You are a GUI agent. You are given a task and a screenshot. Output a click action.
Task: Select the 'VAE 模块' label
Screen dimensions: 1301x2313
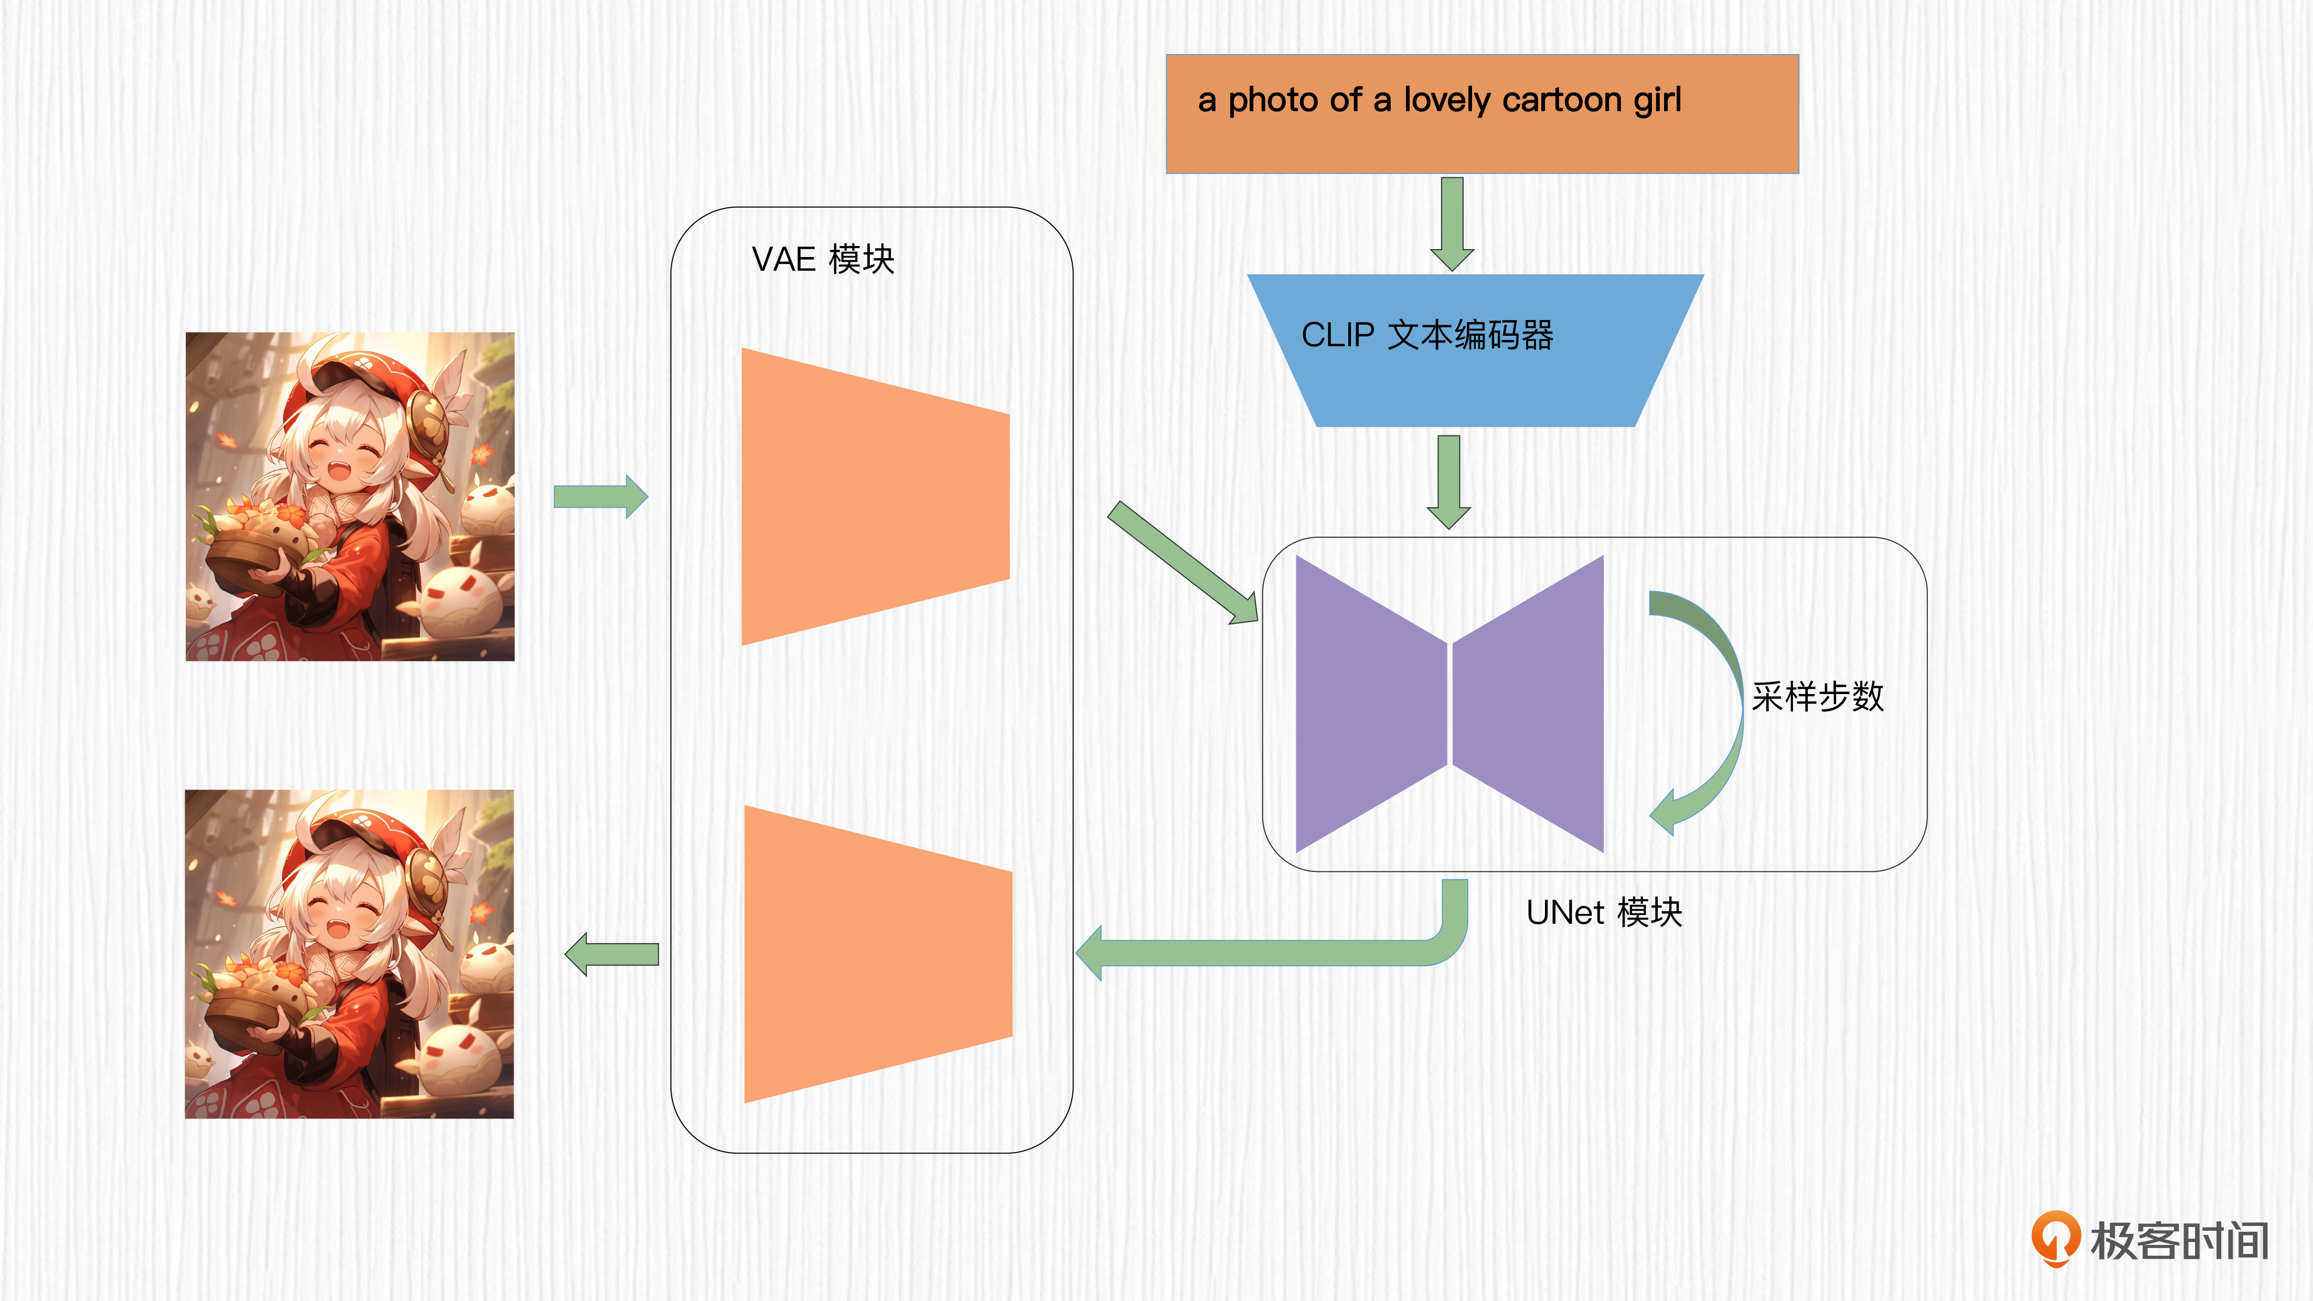(x=823, y=260)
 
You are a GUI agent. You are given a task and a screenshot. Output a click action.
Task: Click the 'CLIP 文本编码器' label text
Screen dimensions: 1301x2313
(x=1427, y=335)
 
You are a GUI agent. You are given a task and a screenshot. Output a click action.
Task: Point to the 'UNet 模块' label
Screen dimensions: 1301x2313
(x=1604, y=912)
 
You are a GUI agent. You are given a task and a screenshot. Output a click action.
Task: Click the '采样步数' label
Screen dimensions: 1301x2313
(x=1817, y=697)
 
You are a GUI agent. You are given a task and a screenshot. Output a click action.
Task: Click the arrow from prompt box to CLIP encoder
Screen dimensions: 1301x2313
(x=1452, y=222)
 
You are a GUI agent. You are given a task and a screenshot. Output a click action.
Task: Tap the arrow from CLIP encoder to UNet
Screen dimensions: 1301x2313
(x=1448, y=481)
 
